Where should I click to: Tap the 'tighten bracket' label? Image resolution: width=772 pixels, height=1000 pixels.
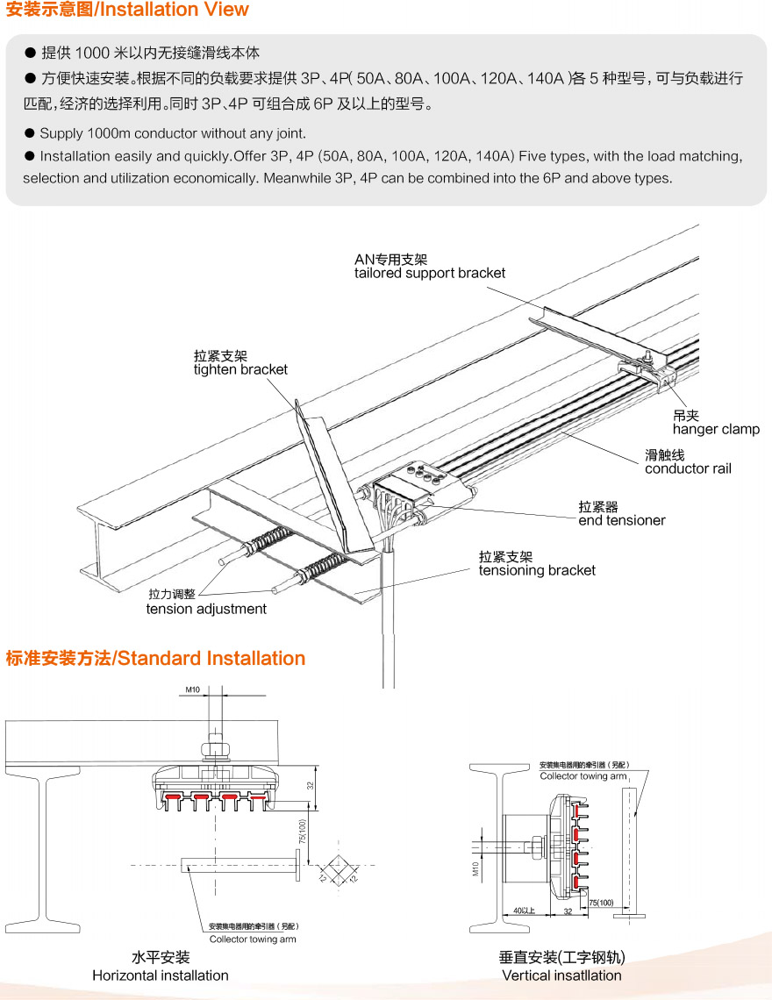[240, 369]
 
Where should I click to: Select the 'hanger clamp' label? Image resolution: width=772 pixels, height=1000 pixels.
[716, 429]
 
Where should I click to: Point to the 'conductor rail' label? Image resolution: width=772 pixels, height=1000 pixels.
[688, 468]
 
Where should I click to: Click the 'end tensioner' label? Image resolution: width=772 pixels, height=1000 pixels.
[622, 520]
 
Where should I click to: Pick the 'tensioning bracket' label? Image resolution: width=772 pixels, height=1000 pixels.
[537, 570]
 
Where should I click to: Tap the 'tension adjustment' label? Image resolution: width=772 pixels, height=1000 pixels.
[206, 609]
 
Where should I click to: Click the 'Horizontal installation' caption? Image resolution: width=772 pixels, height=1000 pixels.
[161, 975]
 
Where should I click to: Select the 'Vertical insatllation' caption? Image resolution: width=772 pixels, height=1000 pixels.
[561, 975]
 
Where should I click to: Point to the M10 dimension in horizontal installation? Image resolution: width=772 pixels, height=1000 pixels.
[194, 690]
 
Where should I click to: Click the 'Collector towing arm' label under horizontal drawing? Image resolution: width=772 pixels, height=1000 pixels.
[253, 939]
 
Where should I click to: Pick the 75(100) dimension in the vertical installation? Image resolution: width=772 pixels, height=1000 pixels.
[601, 902]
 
